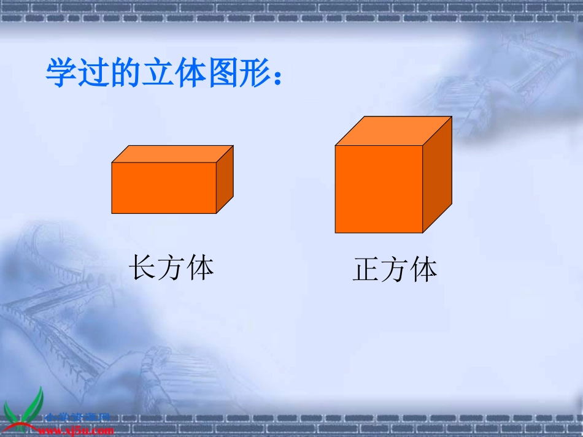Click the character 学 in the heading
[x=61, y=74]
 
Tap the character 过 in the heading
[x=93, y=74]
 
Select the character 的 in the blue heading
[x=126, y=74]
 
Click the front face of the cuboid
[x=164, y=188]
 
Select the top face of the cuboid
[x=172, y=154]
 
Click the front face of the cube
[x=379, y=189]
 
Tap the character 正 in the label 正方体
[x=366, y=270]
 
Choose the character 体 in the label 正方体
[x=423, y=270]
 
